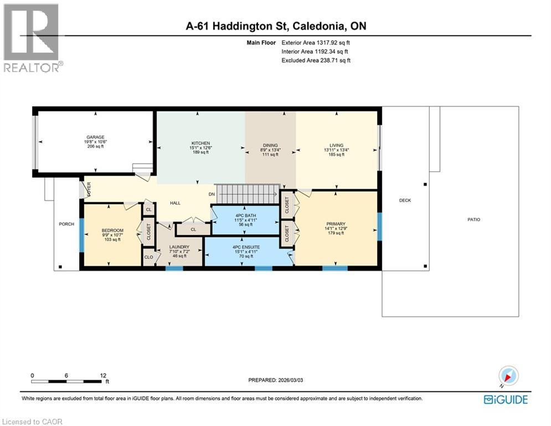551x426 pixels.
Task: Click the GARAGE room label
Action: tap(95, 137)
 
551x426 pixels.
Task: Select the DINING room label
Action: tap(270, 145)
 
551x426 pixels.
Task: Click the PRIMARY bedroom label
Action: tap(336, 224)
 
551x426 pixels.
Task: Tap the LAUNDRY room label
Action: tap(179, 247)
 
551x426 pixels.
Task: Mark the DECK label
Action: tap(405, 200)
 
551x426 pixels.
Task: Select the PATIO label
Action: tap(473, 220)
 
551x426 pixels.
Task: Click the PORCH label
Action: tap(66, 224)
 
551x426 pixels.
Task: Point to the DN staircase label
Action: tap(212, 194)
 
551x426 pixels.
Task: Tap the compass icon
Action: tap(508, 376)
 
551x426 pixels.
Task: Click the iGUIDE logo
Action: tap(505, 399)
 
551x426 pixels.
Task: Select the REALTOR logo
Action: tap(32, 38)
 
